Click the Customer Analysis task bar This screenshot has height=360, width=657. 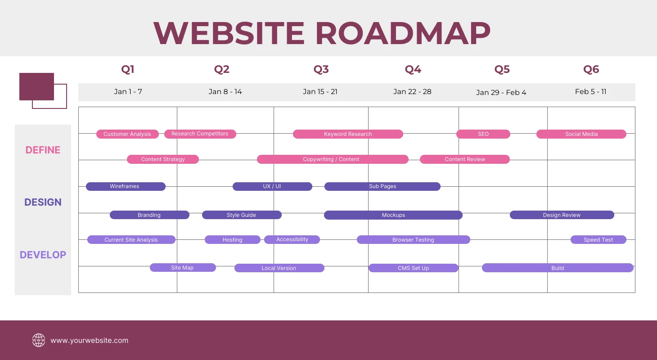(127, 134)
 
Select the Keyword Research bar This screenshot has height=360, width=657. (348, 134)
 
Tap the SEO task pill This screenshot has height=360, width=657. (483, 134)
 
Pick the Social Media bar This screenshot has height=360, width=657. (581, 134)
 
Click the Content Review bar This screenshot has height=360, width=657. (465, 159)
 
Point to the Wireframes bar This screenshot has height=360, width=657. (126, 186)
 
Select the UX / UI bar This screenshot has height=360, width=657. (272, 186)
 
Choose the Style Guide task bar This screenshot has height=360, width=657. (242, 215)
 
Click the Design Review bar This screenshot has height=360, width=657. (562, 215)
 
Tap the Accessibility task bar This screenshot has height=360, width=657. (292, 239)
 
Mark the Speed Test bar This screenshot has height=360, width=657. (598, 240)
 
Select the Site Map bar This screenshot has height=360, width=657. (183, 268)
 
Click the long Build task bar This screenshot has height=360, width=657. (558, 268)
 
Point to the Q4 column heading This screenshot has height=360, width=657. (413, 69)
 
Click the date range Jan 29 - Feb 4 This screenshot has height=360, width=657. (501, 92)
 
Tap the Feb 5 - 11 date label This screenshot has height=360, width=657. (590, 92)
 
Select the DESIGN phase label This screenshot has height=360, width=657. (43, 202)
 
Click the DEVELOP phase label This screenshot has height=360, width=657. (43, 255)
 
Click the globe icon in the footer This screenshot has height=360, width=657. (39, 340)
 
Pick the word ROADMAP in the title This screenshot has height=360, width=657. (402, 33)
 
